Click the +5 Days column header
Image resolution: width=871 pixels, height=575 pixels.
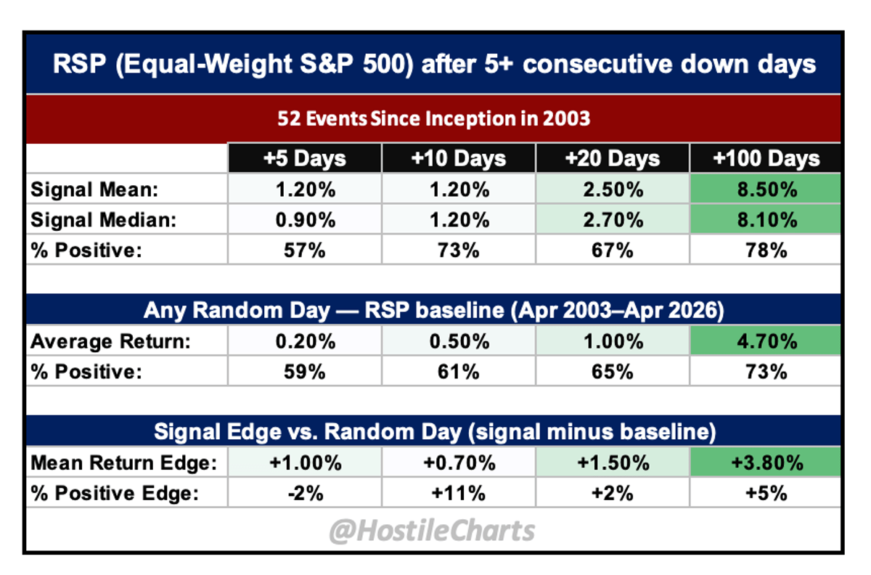(305, 158)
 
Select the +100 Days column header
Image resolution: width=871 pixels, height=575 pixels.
(766, 158)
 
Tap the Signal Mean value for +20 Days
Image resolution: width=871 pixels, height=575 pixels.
(613, 190)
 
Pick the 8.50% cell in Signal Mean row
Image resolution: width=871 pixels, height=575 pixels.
(766, 190)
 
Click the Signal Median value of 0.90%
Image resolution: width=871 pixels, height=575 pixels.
(305, 220)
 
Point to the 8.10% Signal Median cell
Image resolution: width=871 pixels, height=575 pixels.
(766, 220)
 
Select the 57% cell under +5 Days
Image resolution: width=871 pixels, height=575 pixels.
(305, 250)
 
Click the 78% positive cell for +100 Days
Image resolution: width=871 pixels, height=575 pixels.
(766, 250)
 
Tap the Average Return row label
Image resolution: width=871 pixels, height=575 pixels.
(110, 342)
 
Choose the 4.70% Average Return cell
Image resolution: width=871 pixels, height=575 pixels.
(766, 342)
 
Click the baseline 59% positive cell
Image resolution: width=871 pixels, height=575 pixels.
(305, 372)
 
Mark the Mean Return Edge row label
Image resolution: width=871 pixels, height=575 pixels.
(123, 462)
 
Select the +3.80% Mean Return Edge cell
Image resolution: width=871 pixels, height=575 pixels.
(766, 462)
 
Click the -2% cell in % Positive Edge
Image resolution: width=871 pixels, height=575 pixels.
(305, 493)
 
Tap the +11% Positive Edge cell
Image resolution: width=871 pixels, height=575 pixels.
(459, 493)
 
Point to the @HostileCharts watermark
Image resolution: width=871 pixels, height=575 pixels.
(433, 530)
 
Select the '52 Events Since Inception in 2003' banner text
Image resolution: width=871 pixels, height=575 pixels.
(433, 118)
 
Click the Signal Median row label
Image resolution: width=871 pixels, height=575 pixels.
(103, 220)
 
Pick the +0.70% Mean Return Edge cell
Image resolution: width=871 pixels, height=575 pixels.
(459, 462)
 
